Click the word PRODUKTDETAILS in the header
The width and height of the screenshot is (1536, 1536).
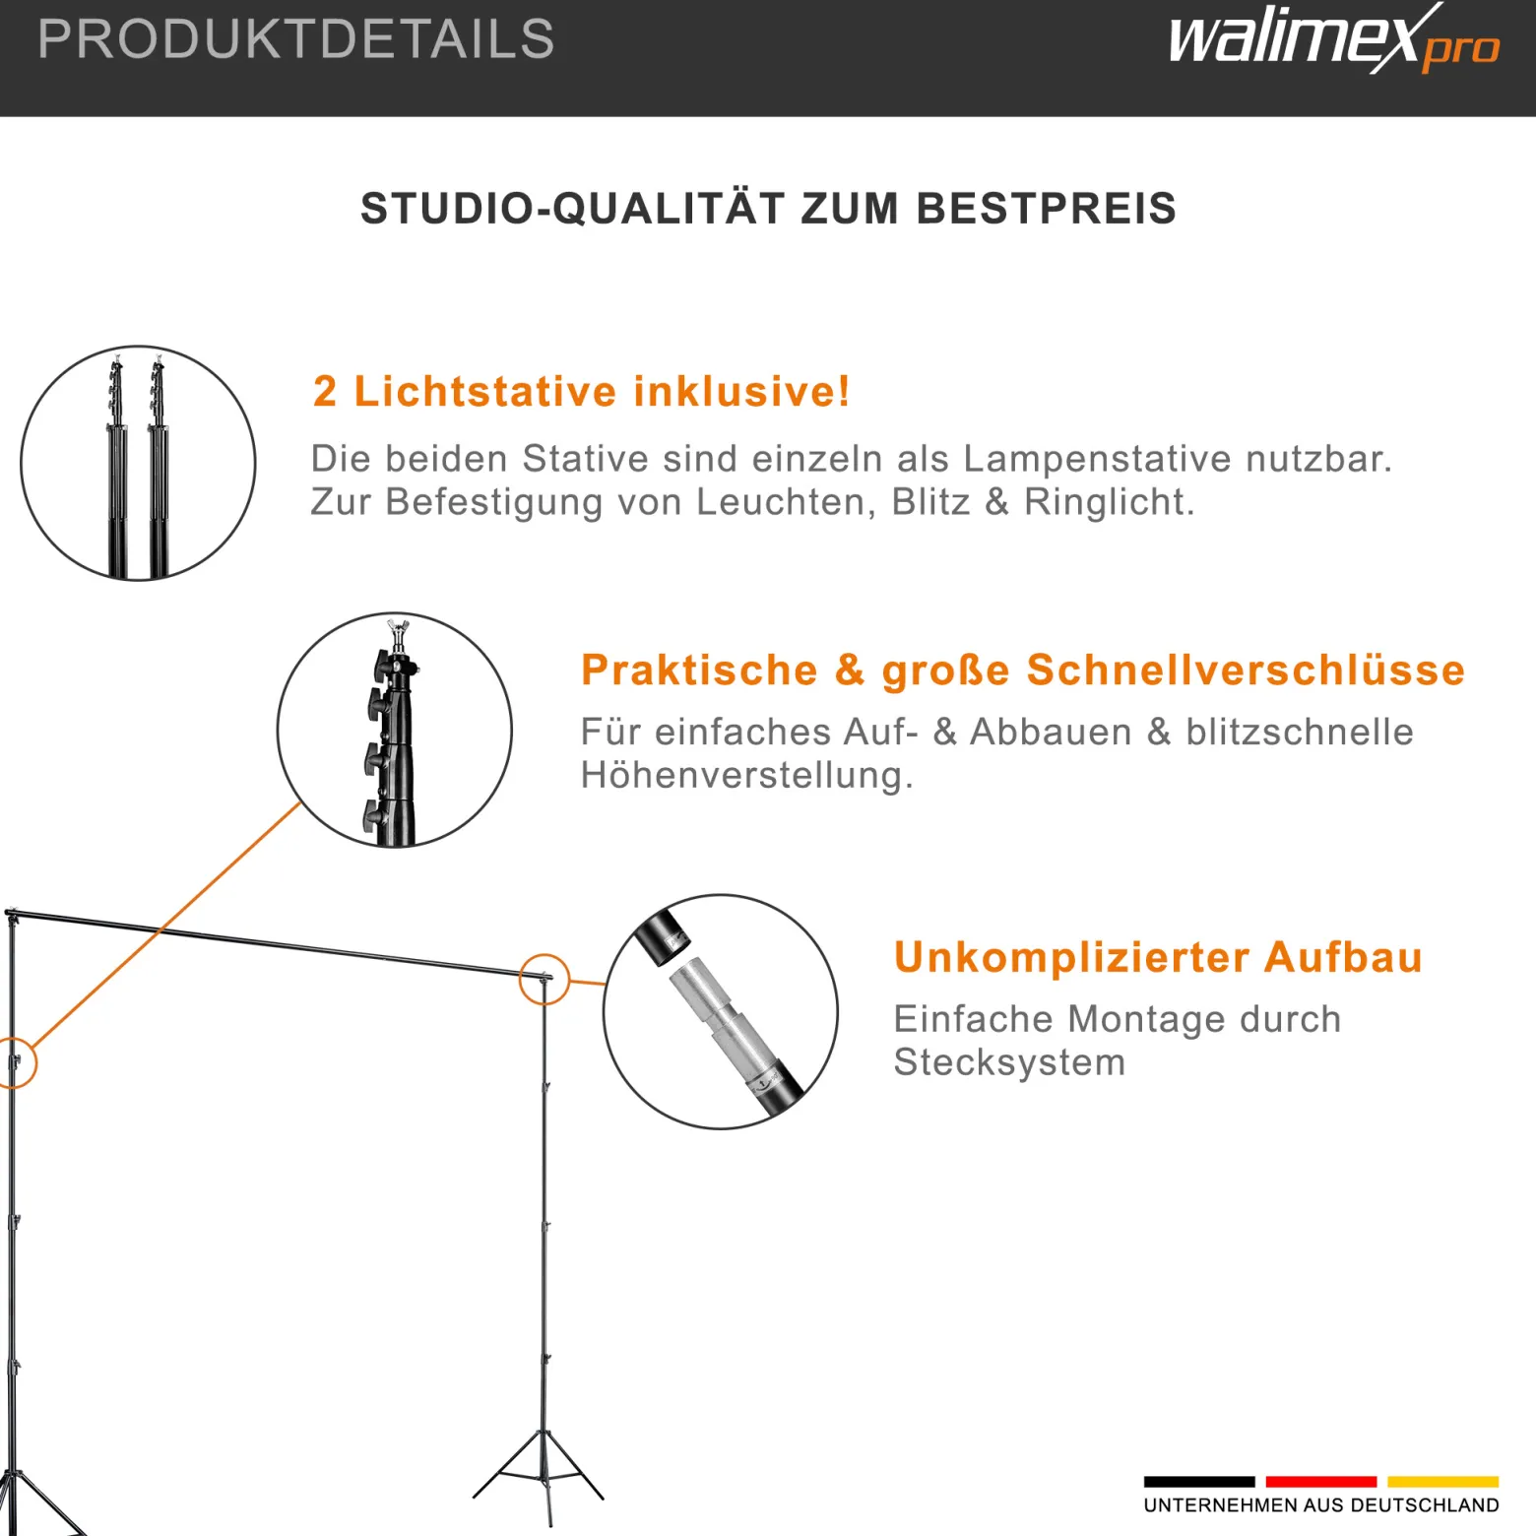click(x=295, y=39)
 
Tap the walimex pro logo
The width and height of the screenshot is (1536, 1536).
click(x=1334, y=39)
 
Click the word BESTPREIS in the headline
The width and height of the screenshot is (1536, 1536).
click(x=1047, y=209)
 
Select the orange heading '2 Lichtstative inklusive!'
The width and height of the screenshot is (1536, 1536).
click(x=581, y=391)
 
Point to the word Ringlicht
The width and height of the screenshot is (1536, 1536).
click(x=1109, y=502)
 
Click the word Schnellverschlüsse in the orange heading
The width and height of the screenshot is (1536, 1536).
click(x=1246, y=670)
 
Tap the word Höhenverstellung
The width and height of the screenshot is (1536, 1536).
click(x=746, y=776)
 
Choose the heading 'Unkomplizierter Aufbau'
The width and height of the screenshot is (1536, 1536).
click(x=1158, y=957)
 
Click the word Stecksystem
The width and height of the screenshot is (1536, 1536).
click(x=1009, y=1062)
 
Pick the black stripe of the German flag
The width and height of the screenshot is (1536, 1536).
click(x=1199, y=1481)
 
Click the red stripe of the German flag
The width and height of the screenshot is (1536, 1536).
click(x=1321, y=1481)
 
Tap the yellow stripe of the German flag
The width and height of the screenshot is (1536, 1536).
click(x=1443, y=1481)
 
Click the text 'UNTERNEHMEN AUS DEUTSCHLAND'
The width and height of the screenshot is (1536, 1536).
click(x=1321, y=1505)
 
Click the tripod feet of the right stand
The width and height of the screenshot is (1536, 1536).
click(x=540, y=1477)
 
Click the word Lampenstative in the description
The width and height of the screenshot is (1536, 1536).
click(x=1097, y=459)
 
